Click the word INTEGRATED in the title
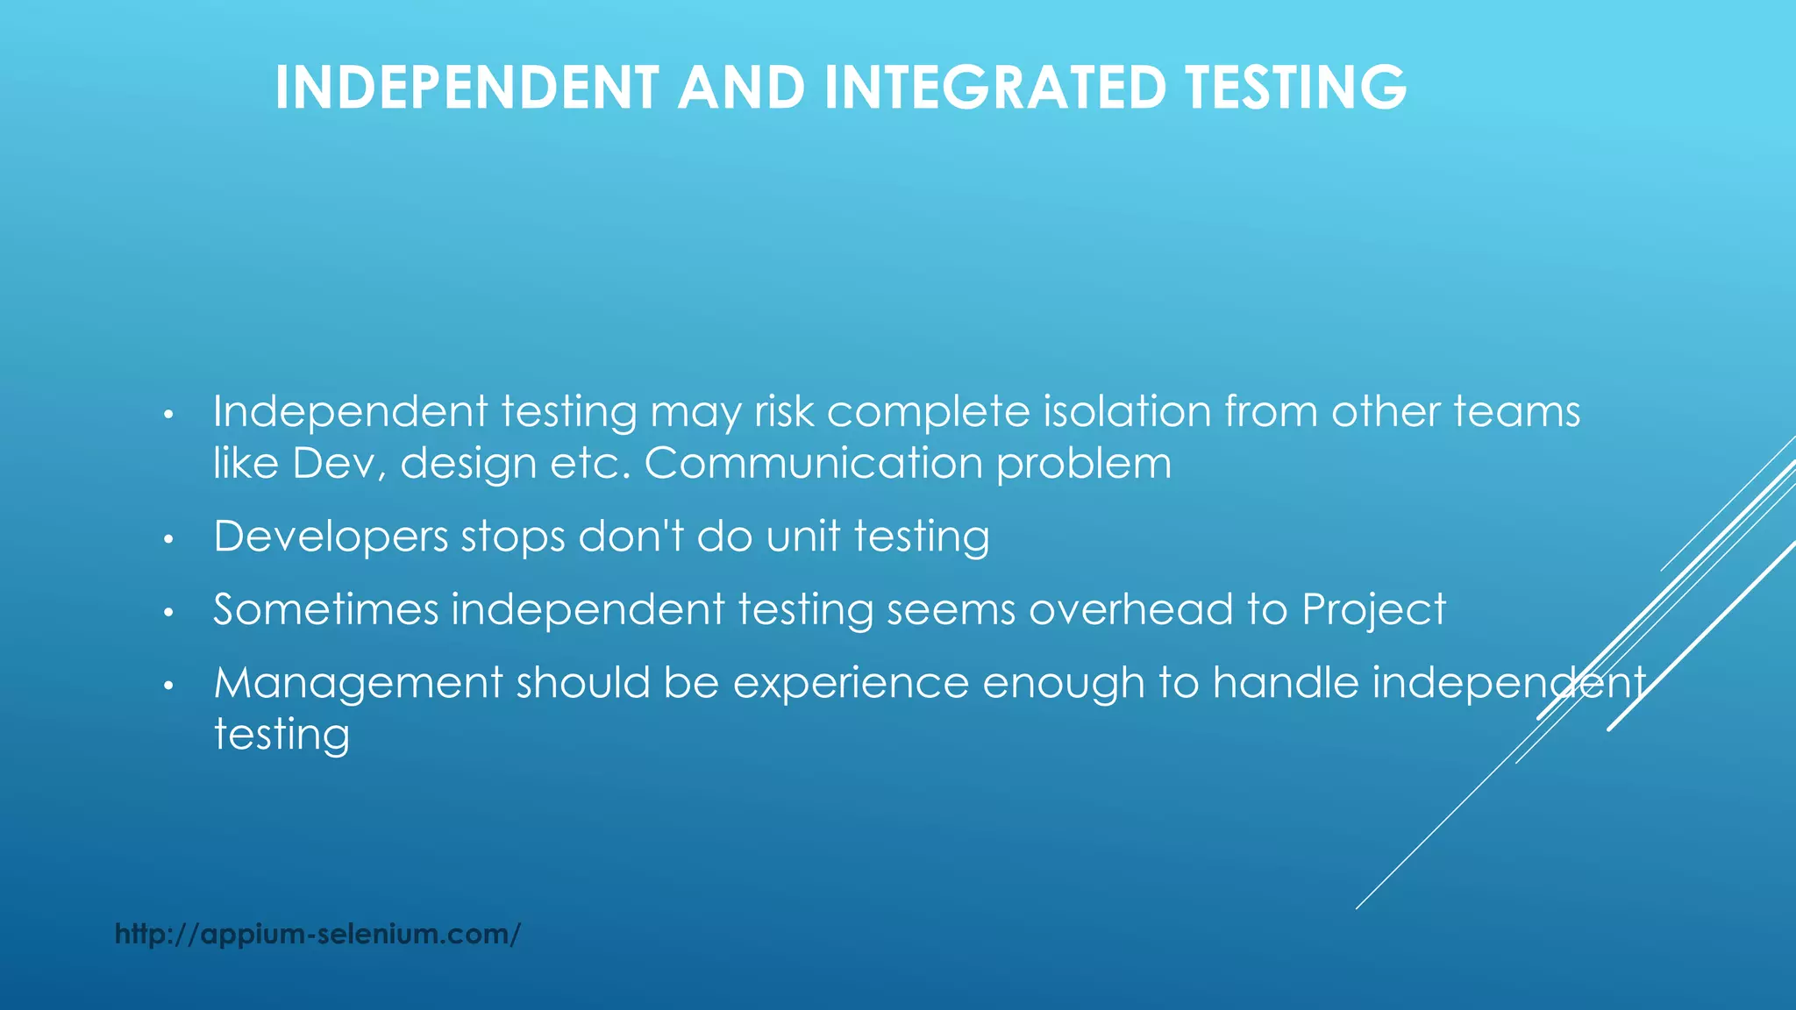point(995,88)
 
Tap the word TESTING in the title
point(1295,88)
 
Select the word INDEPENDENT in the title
point(467,88)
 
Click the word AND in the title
point(741,88)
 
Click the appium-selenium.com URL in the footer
point(317,934)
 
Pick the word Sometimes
point(325,609)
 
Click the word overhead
point(1130,609)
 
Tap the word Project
point(1373,609)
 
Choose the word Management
point(358,682)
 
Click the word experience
point(851,684)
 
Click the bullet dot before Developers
point(169,539)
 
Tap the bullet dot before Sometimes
point(169,612)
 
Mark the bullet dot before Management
point(169,686)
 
